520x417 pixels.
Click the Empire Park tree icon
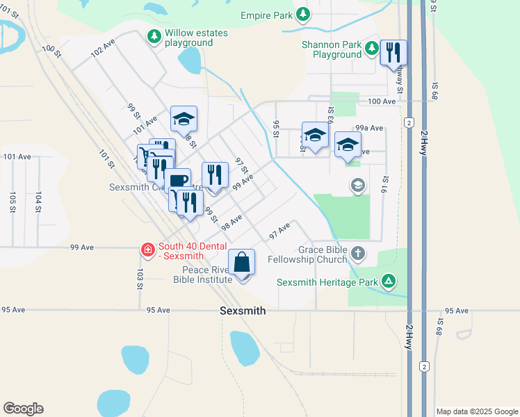[303, 15]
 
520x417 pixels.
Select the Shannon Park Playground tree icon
[372, 47]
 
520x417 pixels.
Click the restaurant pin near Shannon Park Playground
[393, 52]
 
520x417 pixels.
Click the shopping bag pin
[241, 263]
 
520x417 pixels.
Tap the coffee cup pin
[177, 182]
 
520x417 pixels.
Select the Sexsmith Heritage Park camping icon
[389, 281]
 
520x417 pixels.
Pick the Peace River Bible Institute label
[202, 275]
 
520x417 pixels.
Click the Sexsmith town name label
[242, 311]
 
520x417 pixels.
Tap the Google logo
[23, 409]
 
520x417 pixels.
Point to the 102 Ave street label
[102, 47]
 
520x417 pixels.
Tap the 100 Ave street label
[381, 101]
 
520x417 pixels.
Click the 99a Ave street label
[369, 128]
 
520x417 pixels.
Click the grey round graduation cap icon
[358, 185]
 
